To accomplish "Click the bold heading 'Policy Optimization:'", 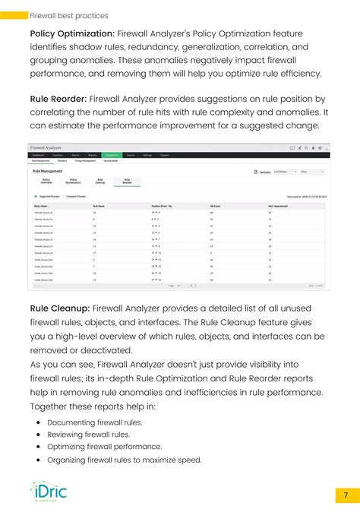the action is click(72, 33).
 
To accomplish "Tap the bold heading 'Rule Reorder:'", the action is click(58, 99).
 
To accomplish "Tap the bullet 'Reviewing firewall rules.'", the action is click(88, 435).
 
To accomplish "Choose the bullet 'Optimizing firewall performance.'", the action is click(104, 447).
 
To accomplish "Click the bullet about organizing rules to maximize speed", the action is click(124, 460).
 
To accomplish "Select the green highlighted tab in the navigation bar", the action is click(112, 155).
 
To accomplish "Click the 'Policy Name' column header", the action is click(41, 206).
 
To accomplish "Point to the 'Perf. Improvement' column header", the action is click(278, 206).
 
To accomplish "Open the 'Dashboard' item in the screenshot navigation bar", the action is click(37, 155).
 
